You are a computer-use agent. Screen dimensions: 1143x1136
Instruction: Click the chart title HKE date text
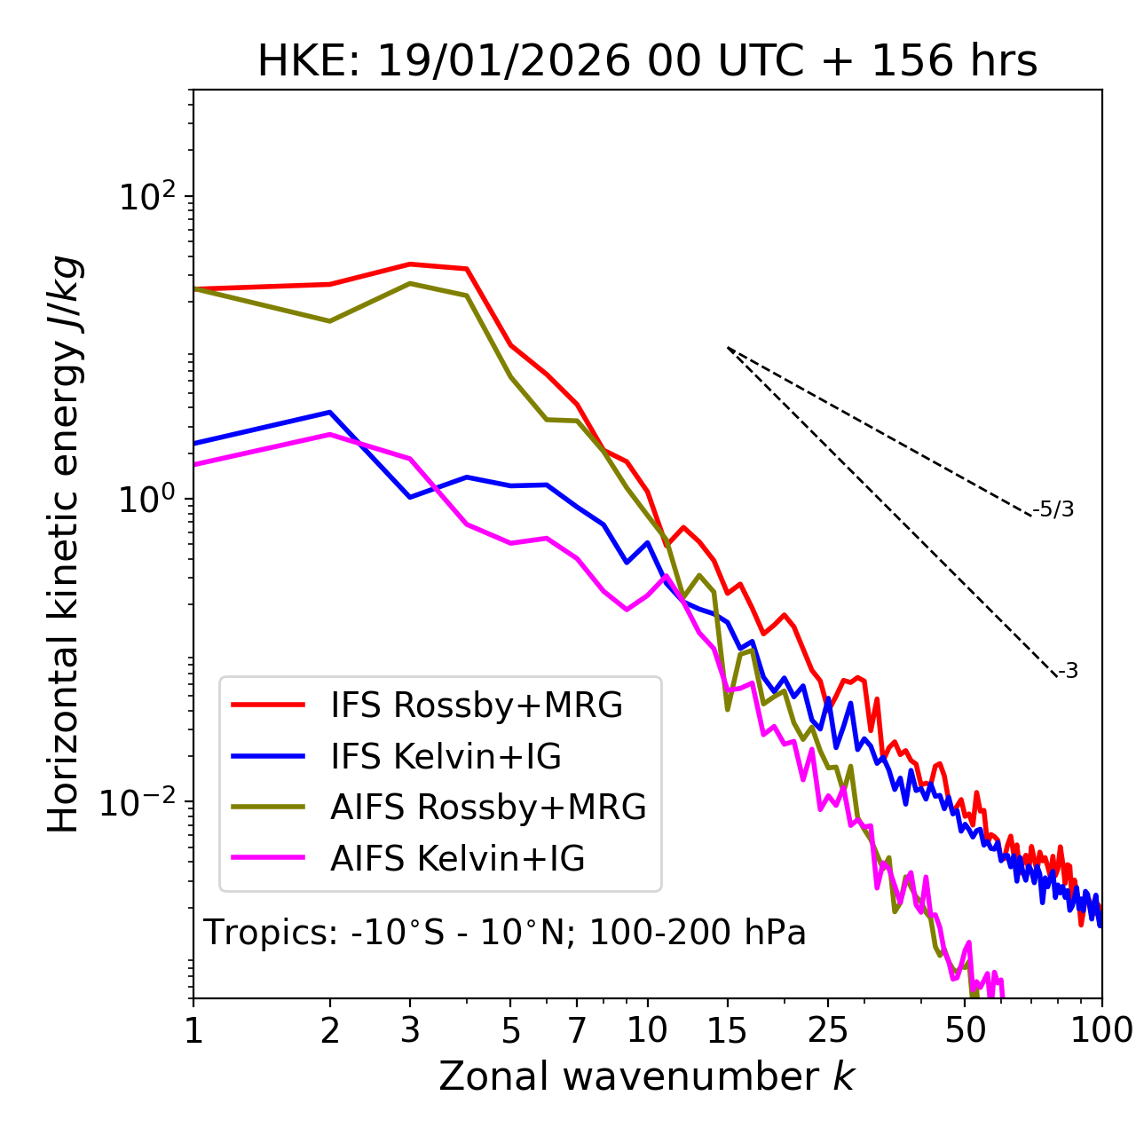click(x=647, y=62)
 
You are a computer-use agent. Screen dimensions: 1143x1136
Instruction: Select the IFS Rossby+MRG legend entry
click(x=476, y=705)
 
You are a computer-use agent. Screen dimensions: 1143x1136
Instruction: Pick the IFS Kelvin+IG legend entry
click(x=446, y=756)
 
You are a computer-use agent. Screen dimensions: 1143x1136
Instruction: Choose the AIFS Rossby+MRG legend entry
click(x=488, y=807)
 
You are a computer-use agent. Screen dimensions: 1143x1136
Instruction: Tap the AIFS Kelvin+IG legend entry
click(x=457, y=858)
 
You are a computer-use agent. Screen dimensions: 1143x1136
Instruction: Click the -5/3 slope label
click(x=1053, y=509)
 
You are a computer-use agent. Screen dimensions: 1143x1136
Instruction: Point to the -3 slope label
click(x=1068, y=672)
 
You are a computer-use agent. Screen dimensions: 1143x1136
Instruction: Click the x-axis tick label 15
click(x=727, y=1030)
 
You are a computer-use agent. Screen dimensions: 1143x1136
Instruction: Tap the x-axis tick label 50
click(x=966, y=1030)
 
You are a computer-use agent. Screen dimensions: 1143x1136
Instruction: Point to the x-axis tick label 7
click(x=577, y=1030)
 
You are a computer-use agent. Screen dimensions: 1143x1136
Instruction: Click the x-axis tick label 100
click(x=1101, y=1030)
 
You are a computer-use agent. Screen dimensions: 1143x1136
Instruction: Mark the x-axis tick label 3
click(x=410, y=1030)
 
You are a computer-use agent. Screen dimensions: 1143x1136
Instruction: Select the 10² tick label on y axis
click(x=147, y=197)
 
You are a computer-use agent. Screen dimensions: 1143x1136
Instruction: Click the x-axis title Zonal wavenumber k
click(x=646, y=1076)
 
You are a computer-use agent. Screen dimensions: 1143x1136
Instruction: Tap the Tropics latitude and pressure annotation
click(x=504, y=933)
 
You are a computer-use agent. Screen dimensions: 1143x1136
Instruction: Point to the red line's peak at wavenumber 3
click(x=410, y=264)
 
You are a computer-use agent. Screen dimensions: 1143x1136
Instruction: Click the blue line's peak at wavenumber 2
click(x=330, y=412)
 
